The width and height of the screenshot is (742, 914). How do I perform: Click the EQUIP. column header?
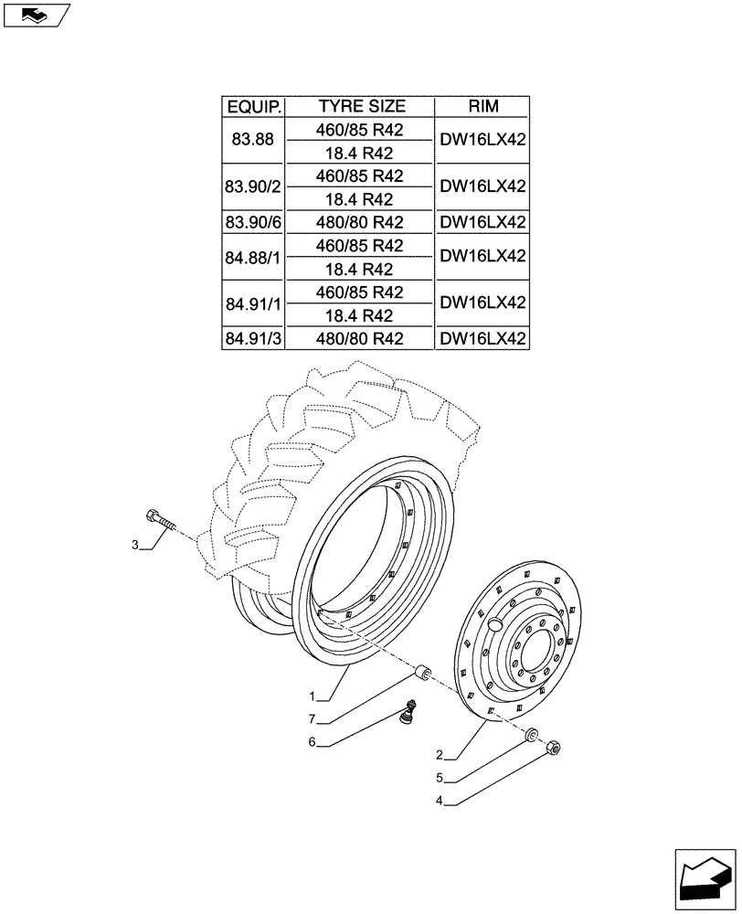coord(254,107)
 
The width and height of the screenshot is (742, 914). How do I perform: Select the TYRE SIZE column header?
coord(361,107)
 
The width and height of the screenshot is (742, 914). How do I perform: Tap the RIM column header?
coord(483,107)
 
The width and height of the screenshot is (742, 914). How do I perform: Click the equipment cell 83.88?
coord(254,141)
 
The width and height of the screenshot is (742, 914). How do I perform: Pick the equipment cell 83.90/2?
coord(254,187)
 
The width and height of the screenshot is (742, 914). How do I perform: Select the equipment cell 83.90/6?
coord(254,222)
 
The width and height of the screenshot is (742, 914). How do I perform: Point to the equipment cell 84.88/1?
coord(254,257)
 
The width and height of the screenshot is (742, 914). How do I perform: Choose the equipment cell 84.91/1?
coord(254,303)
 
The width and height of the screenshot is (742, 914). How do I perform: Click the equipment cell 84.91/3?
coord(254,338)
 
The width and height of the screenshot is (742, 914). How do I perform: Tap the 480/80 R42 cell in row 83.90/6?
coord(361,222)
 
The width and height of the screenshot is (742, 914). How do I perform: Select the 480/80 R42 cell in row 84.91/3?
coord(361,338)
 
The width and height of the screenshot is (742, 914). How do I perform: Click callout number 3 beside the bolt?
coord(135,546)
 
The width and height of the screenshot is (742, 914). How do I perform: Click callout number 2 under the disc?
coord(440,755)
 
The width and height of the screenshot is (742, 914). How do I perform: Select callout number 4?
coord(440,802)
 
